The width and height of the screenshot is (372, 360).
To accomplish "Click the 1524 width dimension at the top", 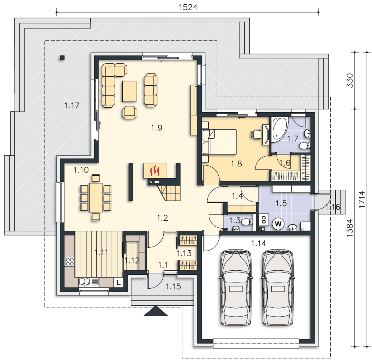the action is click(x=188, y=7).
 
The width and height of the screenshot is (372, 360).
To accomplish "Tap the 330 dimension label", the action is click(x=350, y=81).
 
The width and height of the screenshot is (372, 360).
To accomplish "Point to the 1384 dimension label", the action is click(x=350, y=228).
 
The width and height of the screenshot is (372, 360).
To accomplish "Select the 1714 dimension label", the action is click(x=362, y=199).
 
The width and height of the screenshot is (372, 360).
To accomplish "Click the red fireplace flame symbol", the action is click(x=155, y=171).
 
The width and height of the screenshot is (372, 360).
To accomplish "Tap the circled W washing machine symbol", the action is click(x=278, y=224).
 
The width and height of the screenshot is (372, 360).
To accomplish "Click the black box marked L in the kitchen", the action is click(x=118, y=283).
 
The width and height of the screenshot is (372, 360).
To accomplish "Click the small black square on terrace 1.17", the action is click(x=62, y=58).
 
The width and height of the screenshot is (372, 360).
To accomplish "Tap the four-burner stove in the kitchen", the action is click(x=70, y=261).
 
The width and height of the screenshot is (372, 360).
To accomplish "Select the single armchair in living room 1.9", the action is click(x=130, y=112).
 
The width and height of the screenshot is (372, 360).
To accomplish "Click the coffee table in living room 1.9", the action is click(x=129, y=91).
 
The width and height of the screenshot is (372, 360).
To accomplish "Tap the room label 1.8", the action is click(x=236, y=163).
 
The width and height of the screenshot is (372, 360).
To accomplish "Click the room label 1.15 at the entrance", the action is click(x=173, y=287).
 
